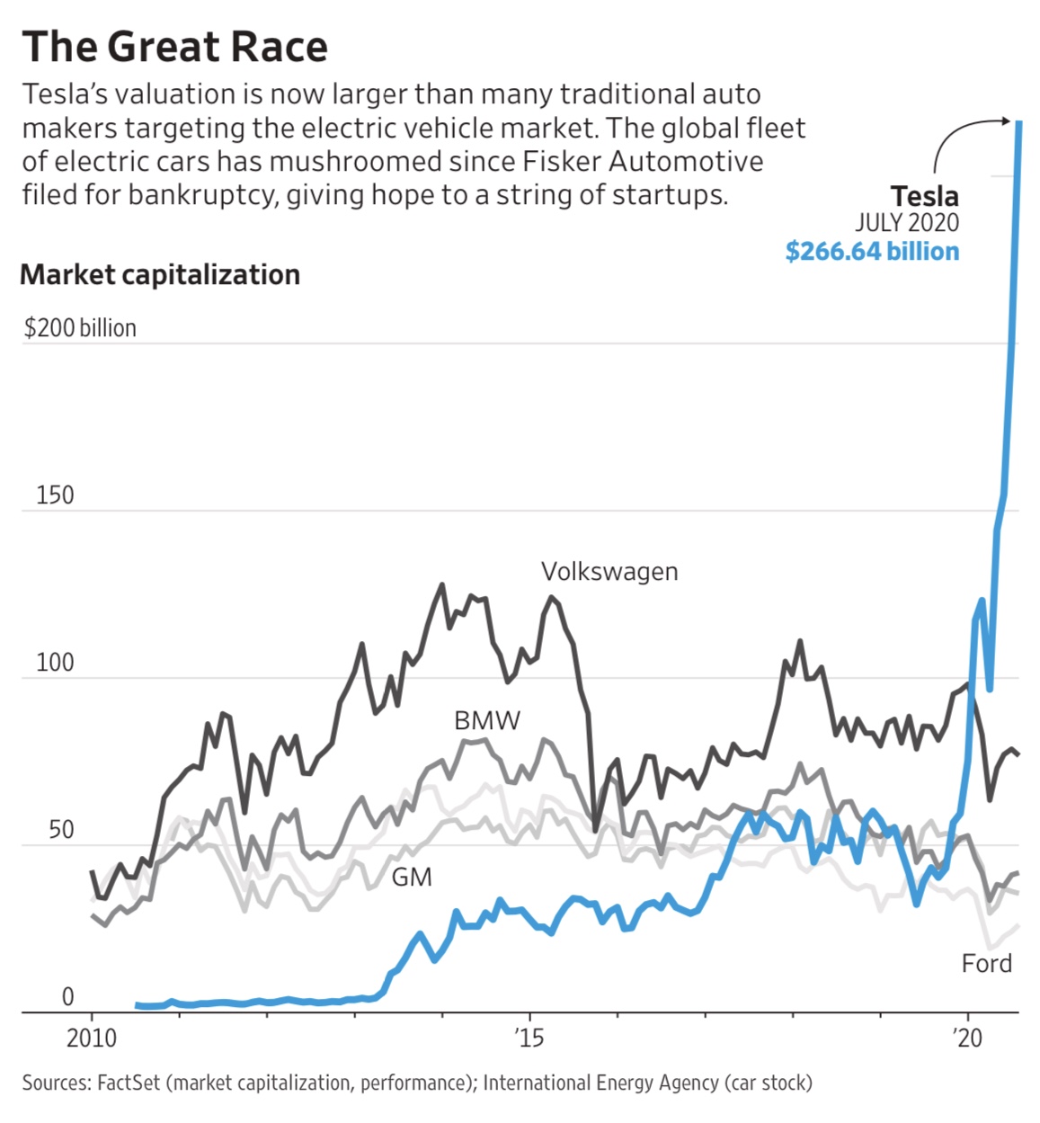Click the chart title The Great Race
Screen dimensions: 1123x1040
point(175,47)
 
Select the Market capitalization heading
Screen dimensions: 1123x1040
point(160,274)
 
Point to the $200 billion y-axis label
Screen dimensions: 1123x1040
point(80,328)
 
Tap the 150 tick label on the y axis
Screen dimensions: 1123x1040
point(55,495)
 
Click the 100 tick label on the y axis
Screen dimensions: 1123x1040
point(55,664)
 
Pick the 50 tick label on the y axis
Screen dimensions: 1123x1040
point(61,829)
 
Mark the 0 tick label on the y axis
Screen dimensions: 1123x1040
point(67,996)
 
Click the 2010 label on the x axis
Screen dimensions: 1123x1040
point(92,1038)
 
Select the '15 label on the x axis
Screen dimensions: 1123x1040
point(529,1038)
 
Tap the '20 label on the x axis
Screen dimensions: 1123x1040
point(967,1038)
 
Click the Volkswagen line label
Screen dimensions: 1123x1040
point(609,572)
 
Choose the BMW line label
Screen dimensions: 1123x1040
point(487,720)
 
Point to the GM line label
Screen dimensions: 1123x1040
point(412,877)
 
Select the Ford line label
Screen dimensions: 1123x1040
point(986,964)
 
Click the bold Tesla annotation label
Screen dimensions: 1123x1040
point(924,196)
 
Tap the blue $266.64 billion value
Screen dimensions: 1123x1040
point(872,251)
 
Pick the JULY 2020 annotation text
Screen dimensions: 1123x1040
point(906,223)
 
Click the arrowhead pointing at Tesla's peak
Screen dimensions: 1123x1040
point(1008,120)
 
